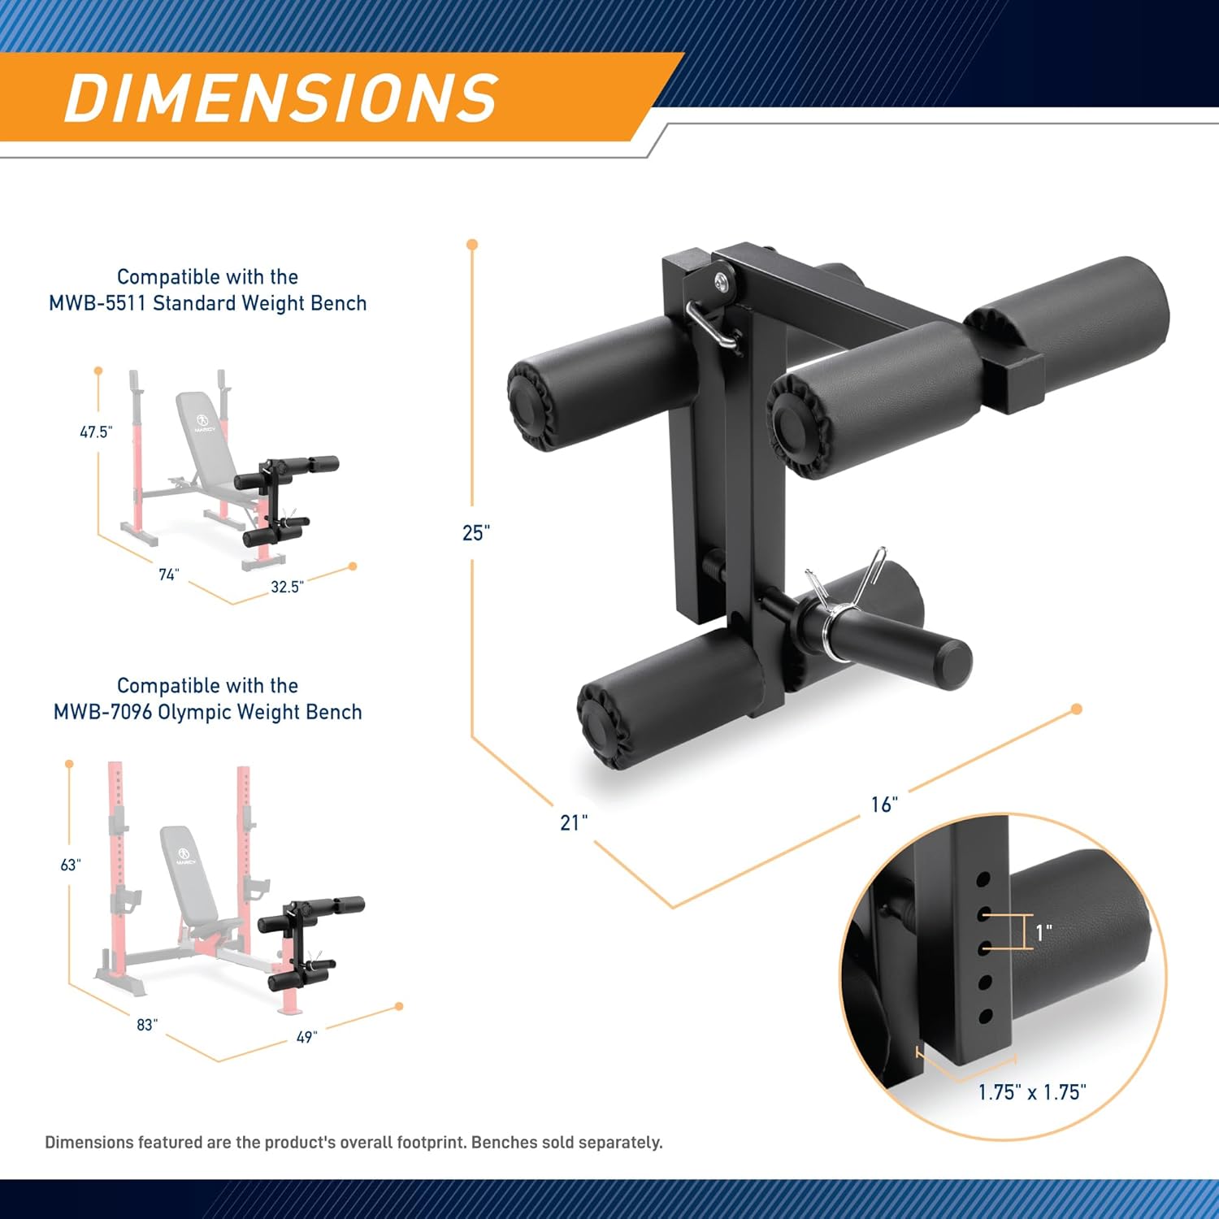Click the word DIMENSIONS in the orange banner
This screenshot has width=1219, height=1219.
[x=281, y=98]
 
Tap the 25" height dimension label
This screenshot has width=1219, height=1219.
[x=475, y=533]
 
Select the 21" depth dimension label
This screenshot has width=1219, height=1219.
[x=574, y=822]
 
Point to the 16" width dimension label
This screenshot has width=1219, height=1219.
[x=884, y=805]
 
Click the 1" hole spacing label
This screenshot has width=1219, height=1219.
[x=1043, y=932]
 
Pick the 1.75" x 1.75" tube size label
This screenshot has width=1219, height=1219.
[x=1032, y=1092]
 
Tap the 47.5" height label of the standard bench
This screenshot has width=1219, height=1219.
[x=95, y=432]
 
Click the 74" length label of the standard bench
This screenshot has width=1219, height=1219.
[x=168, y=575]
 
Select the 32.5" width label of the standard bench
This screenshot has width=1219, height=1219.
[x=287, y=587]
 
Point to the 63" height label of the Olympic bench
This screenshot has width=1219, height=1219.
[x=71, y=865]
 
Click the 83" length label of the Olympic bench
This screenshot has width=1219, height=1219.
[x=147, y=1025]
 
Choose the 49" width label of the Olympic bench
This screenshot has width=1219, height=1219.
[x=306, y=1037]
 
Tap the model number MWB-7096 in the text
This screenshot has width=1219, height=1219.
[x=102, y=712]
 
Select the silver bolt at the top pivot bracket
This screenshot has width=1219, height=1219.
[x=721, y=281]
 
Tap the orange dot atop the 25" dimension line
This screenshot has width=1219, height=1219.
[x=472, y=245]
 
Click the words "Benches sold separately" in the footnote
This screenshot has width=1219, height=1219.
[x=566, y=1142]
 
